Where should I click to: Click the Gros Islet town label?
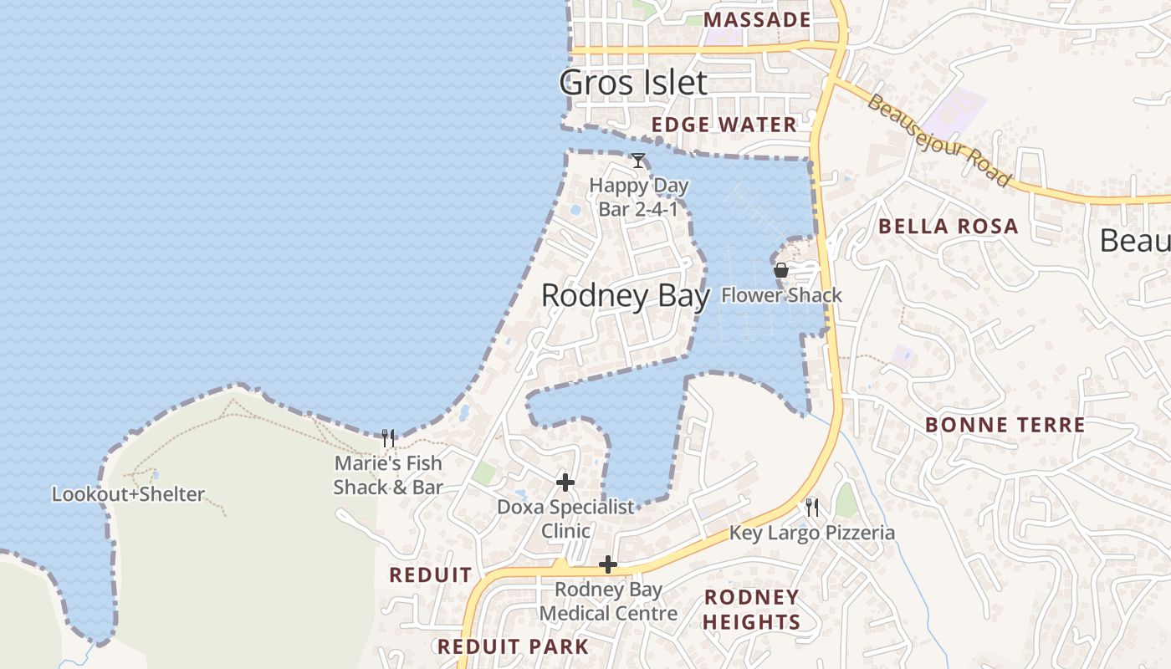[x=633, y=83]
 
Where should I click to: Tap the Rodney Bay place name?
[x=625, y=296]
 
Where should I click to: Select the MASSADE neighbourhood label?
[x=757, y=20]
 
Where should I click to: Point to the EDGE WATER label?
[x=724, y=125]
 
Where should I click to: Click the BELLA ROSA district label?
[x=948, y=227]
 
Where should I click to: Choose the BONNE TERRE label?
[x=1005, y=425]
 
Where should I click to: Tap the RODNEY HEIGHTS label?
[x=752, y=610]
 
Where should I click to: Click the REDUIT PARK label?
[x=513, y=646]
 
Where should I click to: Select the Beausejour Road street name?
[x=938, y=140]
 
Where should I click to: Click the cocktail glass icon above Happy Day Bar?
[x=638, y=161]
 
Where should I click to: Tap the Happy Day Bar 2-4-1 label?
[x=638, y=197]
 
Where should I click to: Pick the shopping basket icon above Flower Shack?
[x=780, y=270]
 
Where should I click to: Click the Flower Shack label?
[x=781, y=295]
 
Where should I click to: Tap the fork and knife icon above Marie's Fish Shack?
[x=388, y=437]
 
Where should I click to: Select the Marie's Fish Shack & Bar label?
[x=388, y=475]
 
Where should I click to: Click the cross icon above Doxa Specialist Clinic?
[x=565, y=483]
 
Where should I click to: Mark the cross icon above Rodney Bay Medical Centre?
[x=608, y=565]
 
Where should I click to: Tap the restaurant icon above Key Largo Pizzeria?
[x=811, y=507]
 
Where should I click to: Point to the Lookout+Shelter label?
[x=128, y=494]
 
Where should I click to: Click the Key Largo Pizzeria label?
[x=811, y=533]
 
